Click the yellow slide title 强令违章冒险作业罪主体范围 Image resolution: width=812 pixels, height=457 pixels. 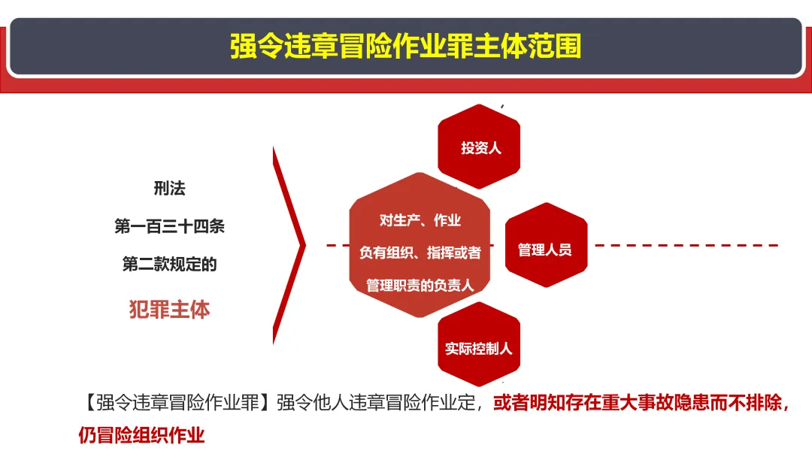tap(405, 46)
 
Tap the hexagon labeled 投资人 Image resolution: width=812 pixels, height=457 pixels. tap(479, 147)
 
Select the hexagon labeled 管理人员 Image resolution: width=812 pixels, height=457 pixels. tap(547, 245)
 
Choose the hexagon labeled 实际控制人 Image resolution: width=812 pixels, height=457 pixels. tap(479, 344)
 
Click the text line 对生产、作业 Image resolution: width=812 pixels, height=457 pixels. tap(420, 220)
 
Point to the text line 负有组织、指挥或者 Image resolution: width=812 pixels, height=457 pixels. tap(420, 253)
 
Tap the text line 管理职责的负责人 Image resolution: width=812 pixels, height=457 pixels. tap(420, 285)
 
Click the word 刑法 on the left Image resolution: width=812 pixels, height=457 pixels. tap(169, 188)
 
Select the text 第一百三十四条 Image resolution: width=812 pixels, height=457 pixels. tap(169, 226)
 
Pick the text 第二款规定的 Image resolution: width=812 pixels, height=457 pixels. tap(169, 264)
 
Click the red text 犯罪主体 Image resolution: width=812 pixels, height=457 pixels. tap(169, 310)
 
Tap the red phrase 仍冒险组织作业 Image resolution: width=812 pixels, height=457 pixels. tap(141, 434)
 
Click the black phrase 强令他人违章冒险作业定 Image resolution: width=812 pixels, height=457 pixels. tap(376, 402)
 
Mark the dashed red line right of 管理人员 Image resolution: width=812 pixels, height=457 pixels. tap(686, 245)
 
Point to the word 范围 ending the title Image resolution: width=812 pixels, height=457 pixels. tap(555, 46)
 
